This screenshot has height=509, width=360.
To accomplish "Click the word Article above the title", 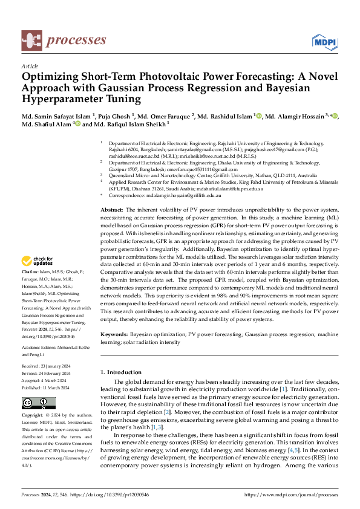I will (30, 66).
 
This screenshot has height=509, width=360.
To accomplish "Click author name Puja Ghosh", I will (112, 116).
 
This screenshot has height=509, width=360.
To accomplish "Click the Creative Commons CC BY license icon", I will (39, 403).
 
